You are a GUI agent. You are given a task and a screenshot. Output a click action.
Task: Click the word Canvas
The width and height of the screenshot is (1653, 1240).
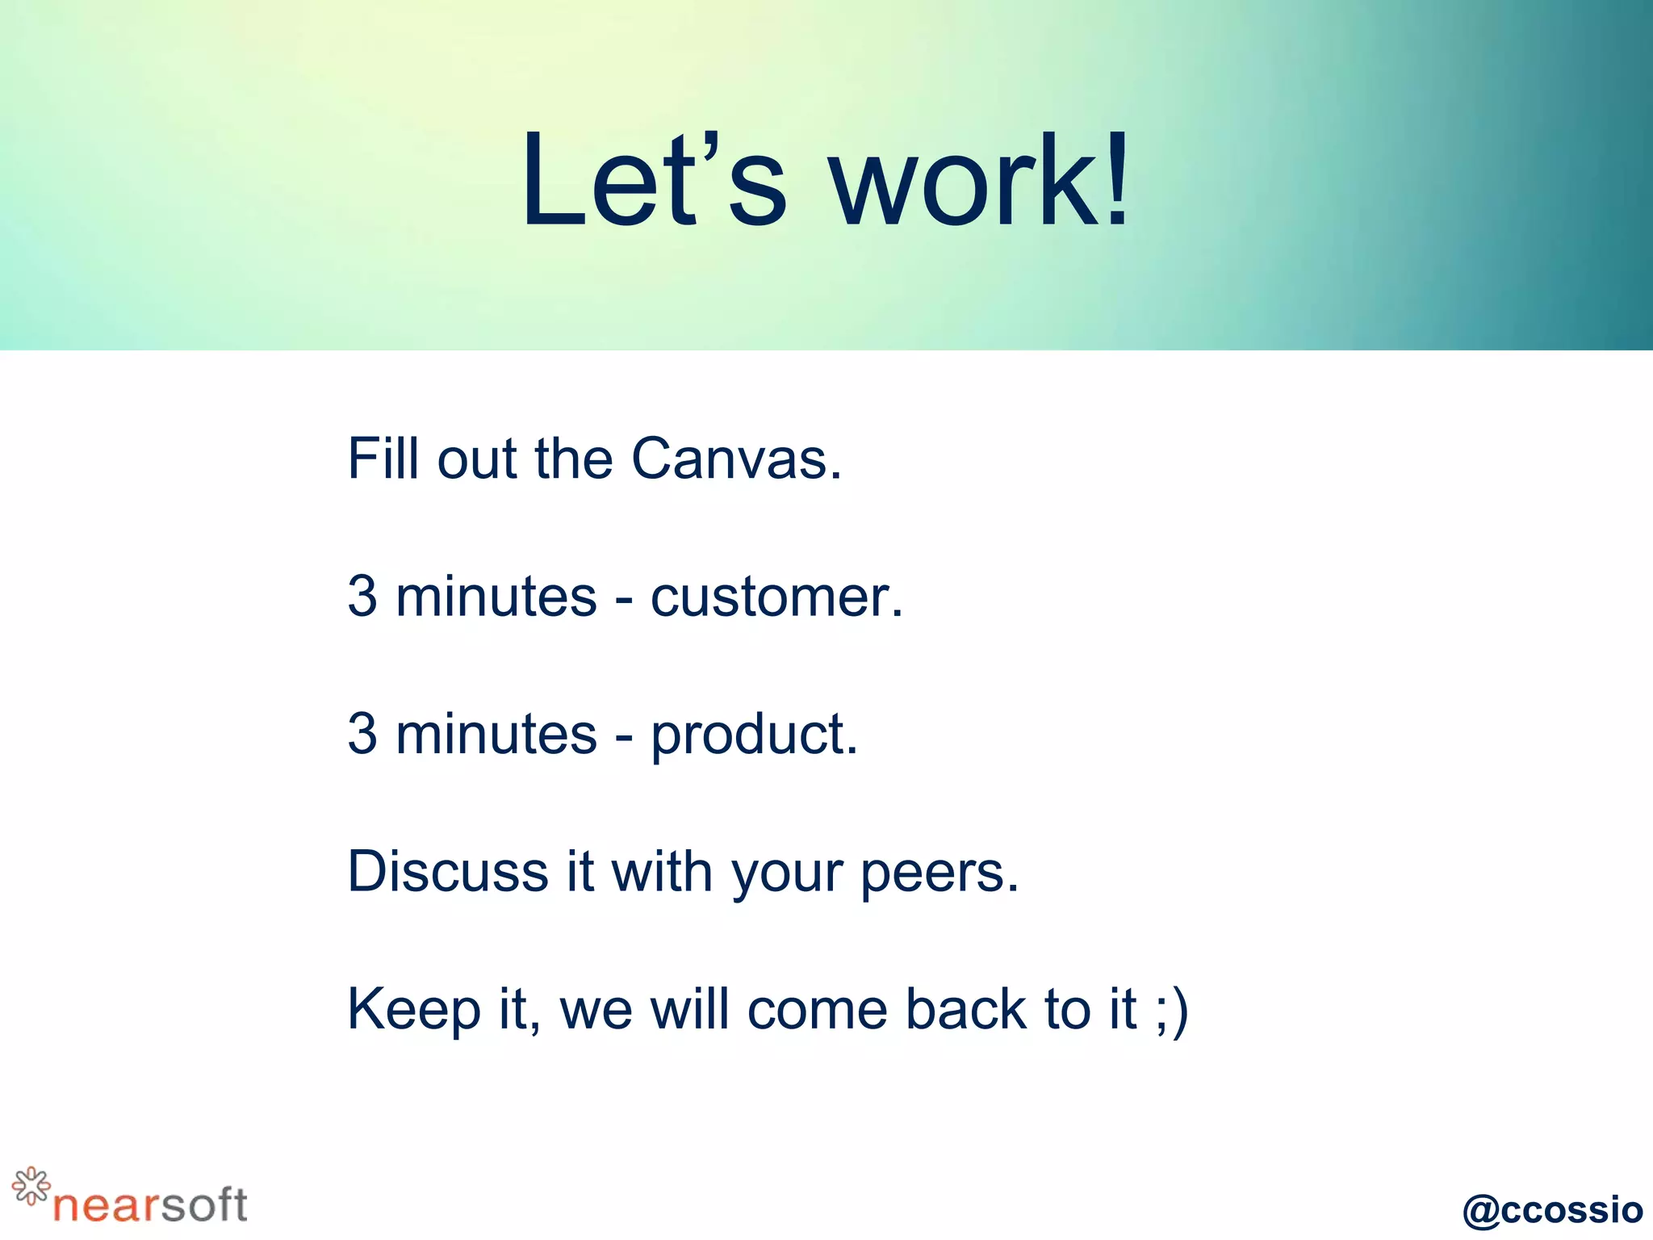click(735, 459)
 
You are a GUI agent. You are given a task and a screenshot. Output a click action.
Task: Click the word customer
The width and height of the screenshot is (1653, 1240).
click(776, 597)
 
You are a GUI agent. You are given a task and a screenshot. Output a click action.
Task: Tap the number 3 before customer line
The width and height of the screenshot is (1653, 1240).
click(362, 597)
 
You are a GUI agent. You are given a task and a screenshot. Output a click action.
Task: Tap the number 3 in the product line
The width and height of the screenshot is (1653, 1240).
click(362, 735)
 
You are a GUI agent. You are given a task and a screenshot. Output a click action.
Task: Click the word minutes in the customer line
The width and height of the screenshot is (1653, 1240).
click(496, 597)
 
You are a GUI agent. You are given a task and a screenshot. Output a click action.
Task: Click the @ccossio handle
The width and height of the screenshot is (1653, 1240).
click(1552, 1210)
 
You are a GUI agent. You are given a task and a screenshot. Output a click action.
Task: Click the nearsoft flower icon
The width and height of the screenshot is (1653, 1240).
click(31, 1186)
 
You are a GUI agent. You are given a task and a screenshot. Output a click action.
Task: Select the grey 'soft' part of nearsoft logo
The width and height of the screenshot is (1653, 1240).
click(203, 1205)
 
